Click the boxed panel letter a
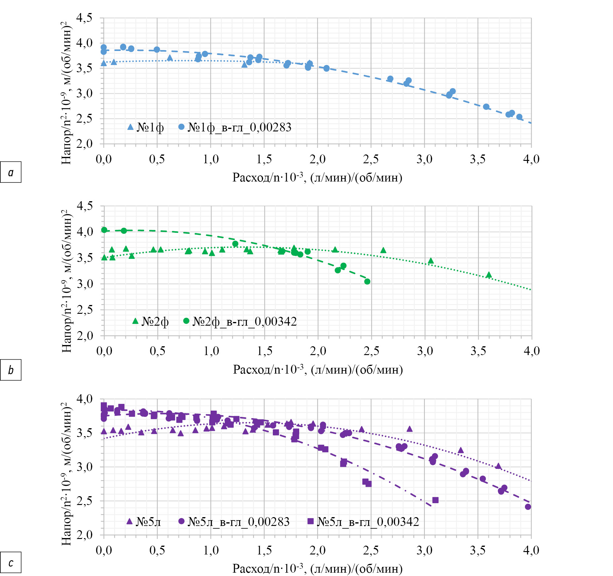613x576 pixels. point(11,172)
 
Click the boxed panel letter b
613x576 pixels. point(11,370)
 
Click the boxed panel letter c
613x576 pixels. point(11,562)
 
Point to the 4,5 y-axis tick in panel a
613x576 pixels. point(84,18)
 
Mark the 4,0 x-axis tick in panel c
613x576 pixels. point(531,550)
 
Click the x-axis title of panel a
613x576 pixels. point(317,178)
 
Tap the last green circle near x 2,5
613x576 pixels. point(367,282)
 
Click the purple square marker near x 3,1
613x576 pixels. point(435,500)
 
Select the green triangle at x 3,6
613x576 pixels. point(489,275)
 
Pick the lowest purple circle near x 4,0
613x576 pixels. point(528,507)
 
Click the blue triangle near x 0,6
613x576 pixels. point(170,58)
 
